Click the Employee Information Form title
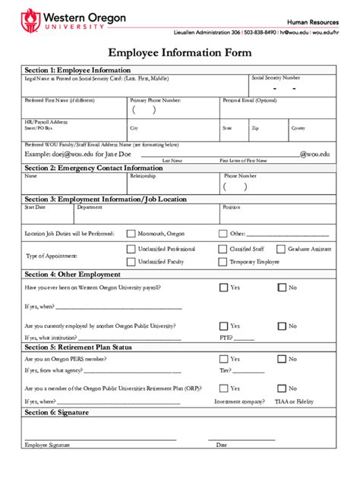180,52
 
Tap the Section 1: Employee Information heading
77,70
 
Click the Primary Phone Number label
155,100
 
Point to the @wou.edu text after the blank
314,154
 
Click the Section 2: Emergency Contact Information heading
93,168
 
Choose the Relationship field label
143,176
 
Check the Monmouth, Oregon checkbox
131,234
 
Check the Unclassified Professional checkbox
131,249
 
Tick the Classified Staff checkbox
223,249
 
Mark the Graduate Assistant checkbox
280,249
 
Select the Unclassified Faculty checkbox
131,262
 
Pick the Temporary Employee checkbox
223,262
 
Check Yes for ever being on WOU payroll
223,288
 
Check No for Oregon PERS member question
281,359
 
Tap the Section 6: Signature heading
57,413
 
